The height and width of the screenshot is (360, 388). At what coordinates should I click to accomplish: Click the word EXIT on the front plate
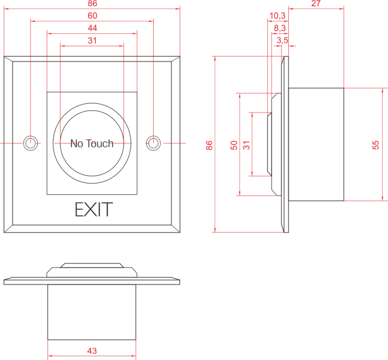coord(94,210)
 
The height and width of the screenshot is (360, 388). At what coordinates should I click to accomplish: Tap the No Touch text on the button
coord(92,143)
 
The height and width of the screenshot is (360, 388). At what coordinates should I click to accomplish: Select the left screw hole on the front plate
coord(31,143)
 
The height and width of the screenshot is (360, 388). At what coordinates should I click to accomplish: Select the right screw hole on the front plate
coord(153,143)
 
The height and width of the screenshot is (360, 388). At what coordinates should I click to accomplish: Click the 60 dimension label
coord(92,16)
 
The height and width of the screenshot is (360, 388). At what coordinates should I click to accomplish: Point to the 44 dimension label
coord(92,28)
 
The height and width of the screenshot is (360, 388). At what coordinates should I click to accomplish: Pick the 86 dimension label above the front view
coord(92,4)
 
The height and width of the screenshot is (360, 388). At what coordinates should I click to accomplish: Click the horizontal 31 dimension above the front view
coord(92,40)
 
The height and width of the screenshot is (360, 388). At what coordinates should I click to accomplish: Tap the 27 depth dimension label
coord(316,4)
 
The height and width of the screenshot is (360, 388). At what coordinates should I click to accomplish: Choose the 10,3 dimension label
coord(277,16)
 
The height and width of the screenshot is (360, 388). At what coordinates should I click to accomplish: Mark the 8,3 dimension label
coord(280,28)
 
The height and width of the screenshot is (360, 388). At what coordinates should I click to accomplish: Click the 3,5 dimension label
coord(282,40)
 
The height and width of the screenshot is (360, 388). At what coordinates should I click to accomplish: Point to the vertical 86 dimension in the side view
coord(210,145)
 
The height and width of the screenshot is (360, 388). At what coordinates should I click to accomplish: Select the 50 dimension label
coord(234,145)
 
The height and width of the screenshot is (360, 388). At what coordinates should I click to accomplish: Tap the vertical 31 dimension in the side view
coord(246,145)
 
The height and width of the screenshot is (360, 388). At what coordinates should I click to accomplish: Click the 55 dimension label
coord(376,145)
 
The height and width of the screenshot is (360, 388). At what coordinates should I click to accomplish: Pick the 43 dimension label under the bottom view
coord(92,351)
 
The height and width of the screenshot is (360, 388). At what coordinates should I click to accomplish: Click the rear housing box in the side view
coord(316,144)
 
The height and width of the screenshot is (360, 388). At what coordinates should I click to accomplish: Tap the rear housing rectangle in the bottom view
coord(92,312)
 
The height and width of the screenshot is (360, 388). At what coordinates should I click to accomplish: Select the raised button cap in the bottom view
coord(92,265)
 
